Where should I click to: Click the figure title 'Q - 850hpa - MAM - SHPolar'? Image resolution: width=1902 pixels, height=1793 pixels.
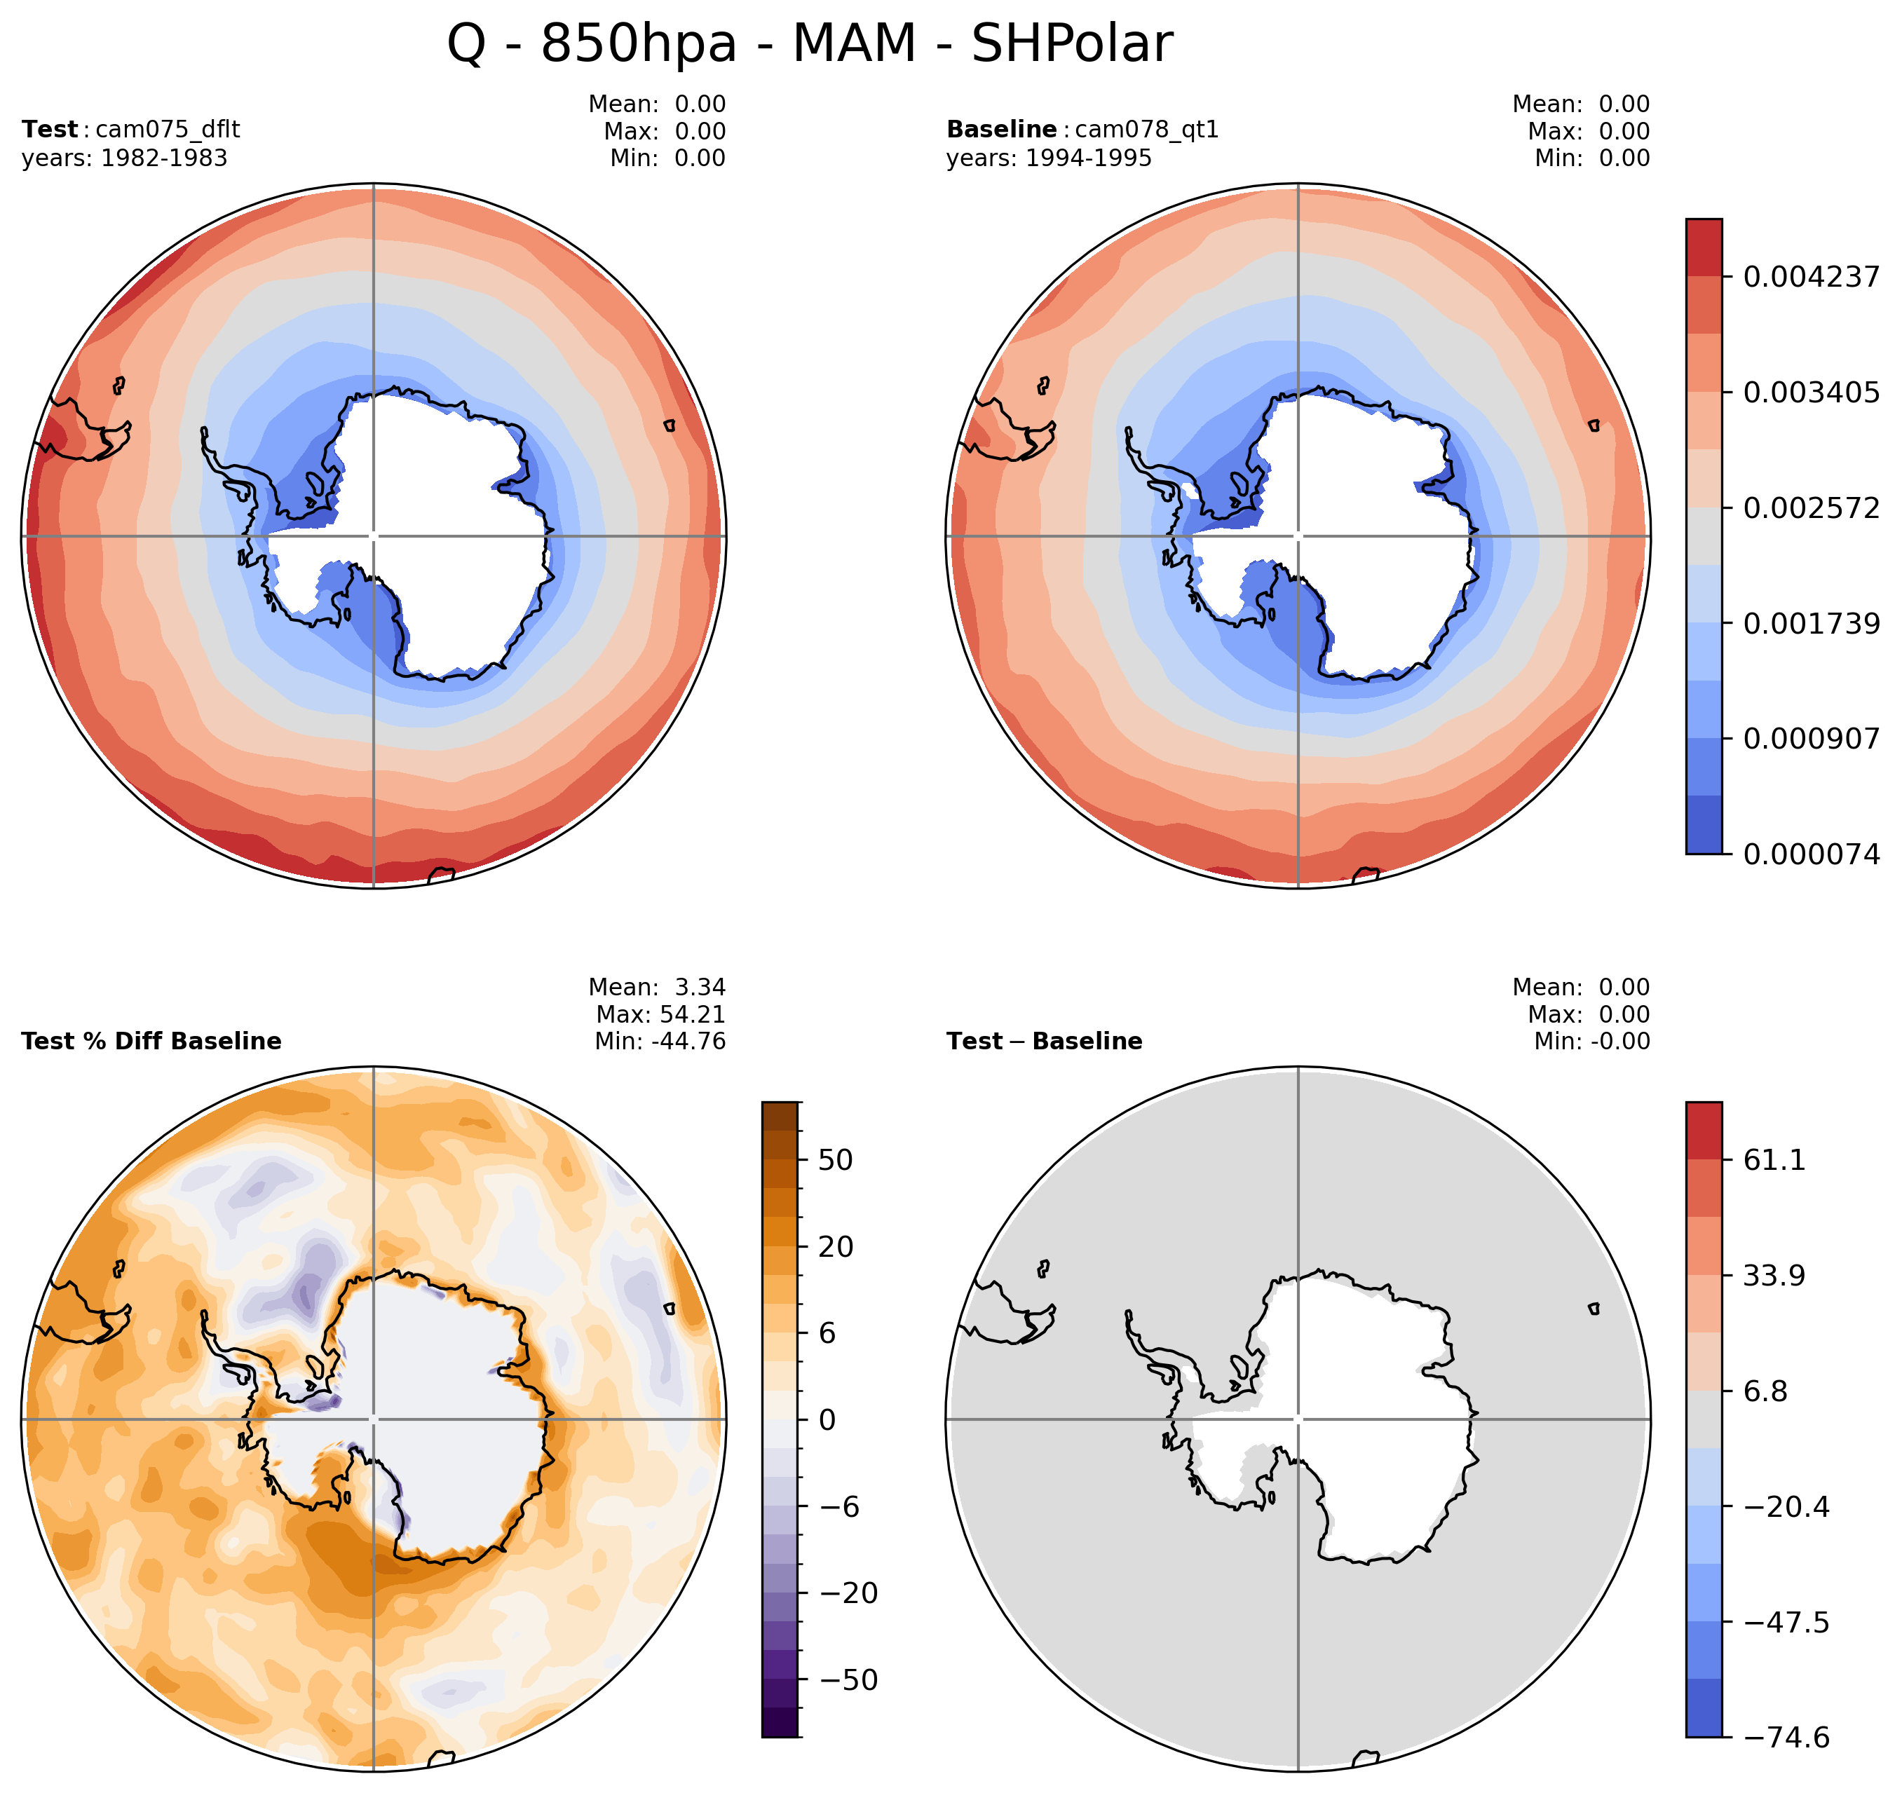pyautogui.click(x=810, y=44)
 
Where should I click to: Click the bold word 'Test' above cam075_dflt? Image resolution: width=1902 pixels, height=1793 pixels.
pyautogui.click(x=50, y=129)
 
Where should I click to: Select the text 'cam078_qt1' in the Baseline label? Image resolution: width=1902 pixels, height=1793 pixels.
pyautogui.click(x=1146, y=129)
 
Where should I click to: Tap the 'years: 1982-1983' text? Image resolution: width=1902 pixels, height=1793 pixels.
pyautogui.click(x=124, y=158)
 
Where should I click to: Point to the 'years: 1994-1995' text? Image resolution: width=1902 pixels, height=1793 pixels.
pyautogui.click(x=1049, y=158)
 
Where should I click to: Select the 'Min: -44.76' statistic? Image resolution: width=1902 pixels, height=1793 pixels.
pyautogui.click(x=660, y=1041)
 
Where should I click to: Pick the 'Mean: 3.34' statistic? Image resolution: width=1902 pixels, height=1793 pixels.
pyautogui.click(x=658, y=986)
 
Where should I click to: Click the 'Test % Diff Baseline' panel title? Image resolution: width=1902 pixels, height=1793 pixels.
pyautogui.click(x=151, y=1041)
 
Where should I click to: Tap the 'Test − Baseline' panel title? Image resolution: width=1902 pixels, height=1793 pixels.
pyautogui.click(x=1044, y=1041)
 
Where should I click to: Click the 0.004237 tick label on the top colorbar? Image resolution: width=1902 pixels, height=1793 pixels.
pyautogui.click(x=1810, y=278)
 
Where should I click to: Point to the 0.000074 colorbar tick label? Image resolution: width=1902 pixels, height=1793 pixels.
pyautogui.click(x=1810, y=854)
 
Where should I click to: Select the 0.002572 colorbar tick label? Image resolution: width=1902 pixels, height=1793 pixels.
pyautogui.click(x=1810, y=508)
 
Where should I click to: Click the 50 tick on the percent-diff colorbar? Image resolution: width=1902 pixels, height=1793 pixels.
pyautogui.click(x=835, y=1159)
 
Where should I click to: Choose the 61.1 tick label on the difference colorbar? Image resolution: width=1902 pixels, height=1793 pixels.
pyautogui.click(x=1774, y=1159)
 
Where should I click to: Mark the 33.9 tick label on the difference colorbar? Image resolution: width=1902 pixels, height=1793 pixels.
pyautogui.click(x=1774, y=1276)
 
